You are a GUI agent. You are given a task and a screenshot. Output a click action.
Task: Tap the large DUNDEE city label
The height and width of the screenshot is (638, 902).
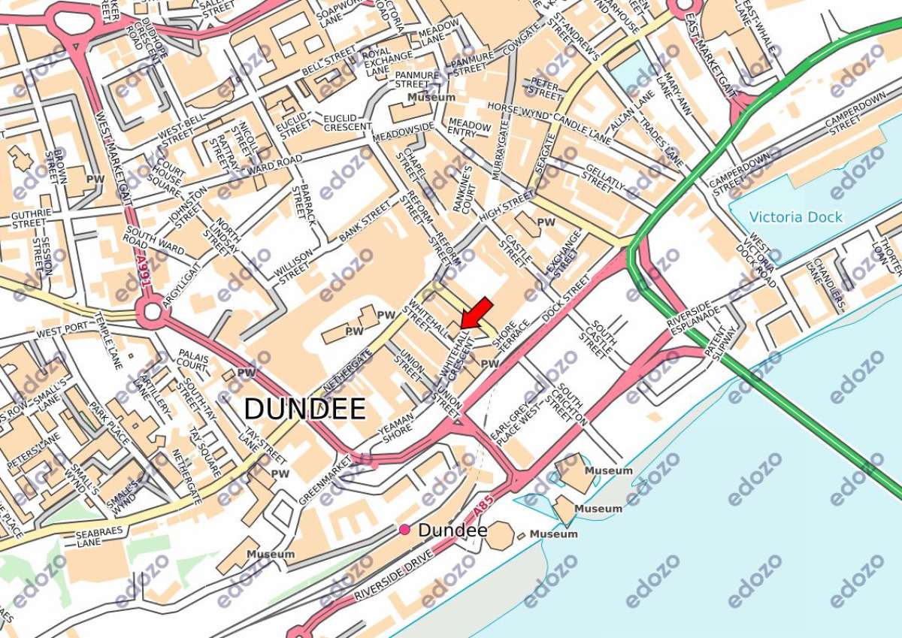coord(304,409)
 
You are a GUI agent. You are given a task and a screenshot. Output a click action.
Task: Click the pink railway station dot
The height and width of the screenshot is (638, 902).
coord(405,530)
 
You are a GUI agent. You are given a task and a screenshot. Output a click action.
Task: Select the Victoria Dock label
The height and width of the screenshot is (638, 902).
coord(796,217)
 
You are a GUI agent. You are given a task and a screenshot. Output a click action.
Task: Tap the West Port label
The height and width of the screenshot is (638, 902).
coord(62,331)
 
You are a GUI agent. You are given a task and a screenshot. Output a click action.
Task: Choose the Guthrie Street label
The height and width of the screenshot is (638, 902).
coord(31,218)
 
